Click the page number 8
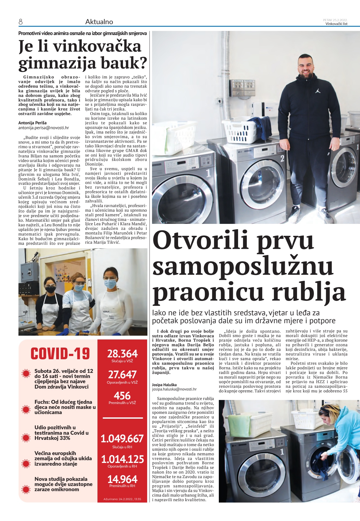21,22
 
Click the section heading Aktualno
99,22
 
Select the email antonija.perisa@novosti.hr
43,128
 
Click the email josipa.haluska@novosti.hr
174,389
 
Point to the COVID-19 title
60,354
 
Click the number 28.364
122,354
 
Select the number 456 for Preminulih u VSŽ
122,396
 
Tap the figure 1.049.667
122,439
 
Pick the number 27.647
122,375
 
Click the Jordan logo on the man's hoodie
318,91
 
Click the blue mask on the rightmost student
110,284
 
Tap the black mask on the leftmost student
50,289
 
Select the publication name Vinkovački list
336,24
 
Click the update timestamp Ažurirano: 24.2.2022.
122,499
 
